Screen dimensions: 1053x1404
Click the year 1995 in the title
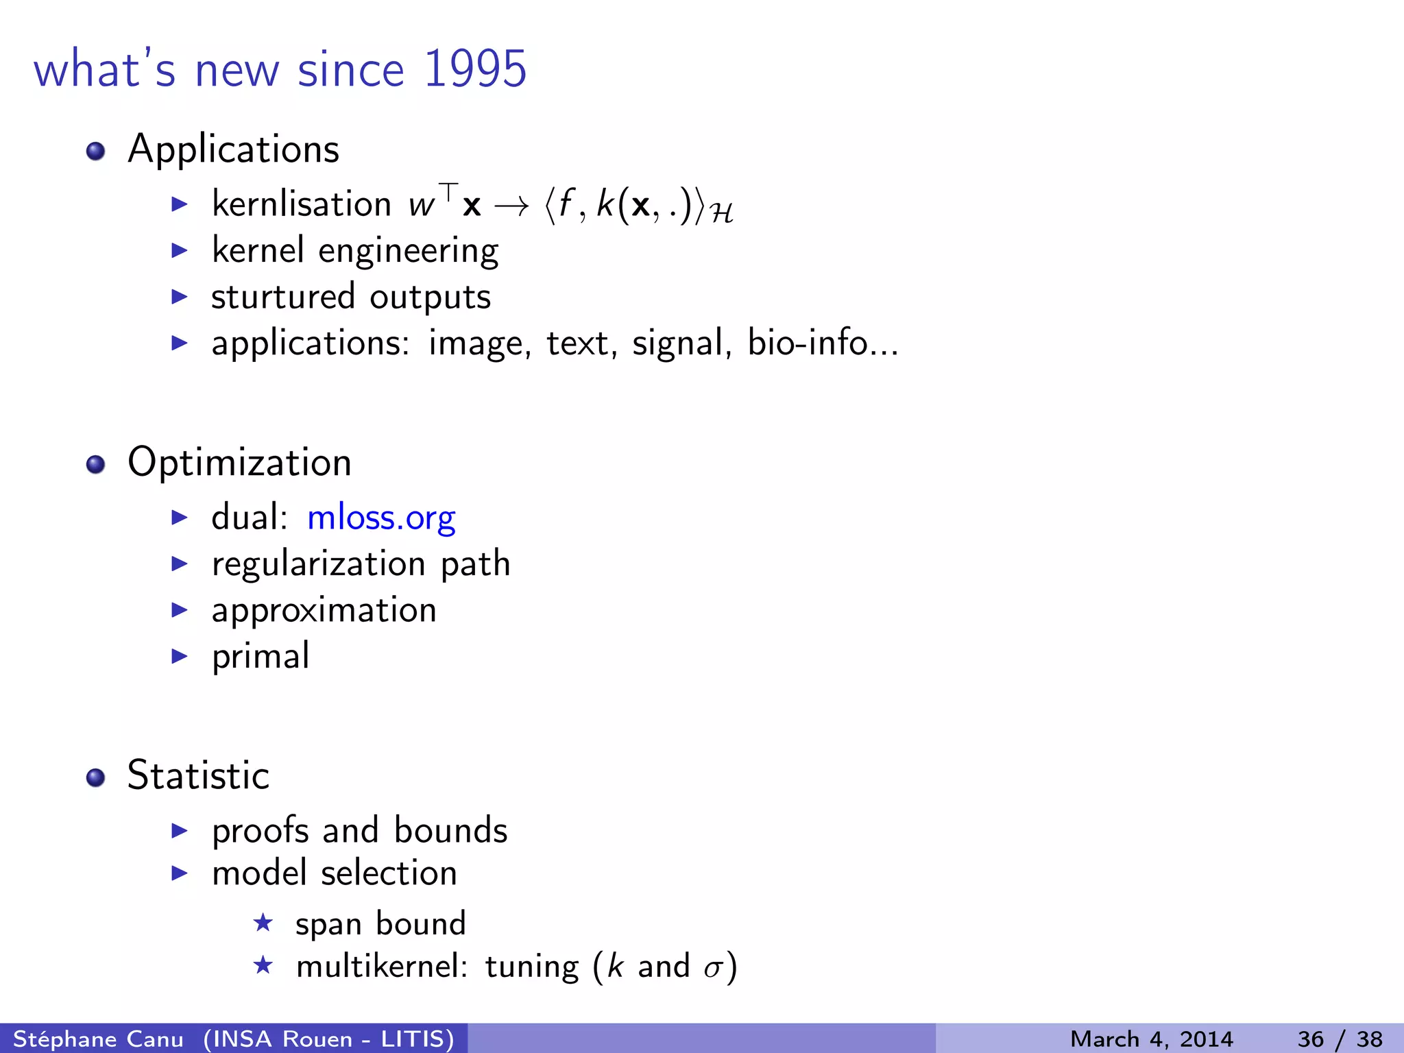pos(475,69)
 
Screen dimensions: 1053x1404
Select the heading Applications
pos(233,149)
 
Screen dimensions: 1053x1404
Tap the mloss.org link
pos(381,518)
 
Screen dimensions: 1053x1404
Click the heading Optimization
pos(239,462)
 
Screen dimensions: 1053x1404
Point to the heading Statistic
pos(198,775)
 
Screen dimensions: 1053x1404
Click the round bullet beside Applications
pos(96,151)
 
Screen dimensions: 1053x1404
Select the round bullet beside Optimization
pos(96,465)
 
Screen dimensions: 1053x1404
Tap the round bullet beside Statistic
pos(96,778)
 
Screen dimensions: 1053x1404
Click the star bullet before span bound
pos(263,923)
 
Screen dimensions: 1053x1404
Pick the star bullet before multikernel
pos(263,966)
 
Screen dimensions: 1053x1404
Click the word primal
pos(261,657)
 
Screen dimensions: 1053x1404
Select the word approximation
pos(324,610)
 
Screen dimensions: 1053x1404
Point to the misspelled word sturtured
pos(282,297)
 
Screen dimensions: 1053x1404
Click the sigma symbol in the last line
pos(714,968)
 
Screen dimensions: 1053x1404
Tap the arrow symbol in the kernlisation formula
pos(511,206)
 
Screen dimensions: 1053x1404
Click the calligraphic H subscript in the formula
pos(722,214)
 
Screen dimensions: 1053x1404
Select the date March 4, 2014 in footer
pos(1151,1039)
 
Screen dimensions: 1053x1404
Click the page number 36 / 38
pos(1340,1039)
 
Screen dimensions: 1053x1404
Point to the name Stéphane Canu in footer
pos(98,1039)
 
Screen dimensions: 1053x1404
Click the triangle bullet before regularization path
pos(179,564)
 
